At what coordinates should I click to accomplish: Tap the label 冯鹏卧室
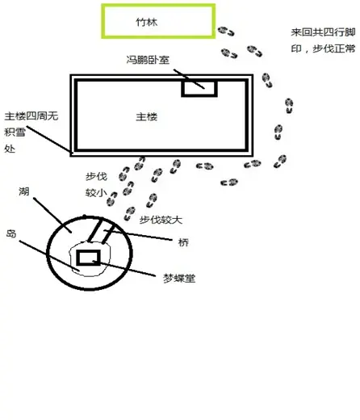(x=148, y=60)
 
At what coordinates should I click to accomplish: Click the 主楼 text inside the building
(x=147, y=117)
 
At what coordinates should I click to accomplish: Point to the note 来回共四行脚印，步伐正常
(x=323, y=40)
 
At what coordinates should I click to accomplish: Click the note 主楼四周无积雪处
(x=31, y=132)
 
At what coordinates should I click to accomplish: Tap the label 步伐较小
(x=96, y=185)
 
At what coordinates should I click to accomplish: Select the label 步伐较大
(x=161, y=220)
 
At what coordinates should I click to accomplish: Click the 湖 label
(x=24, y=191)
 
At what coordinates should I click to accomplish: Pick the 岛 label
(x=11, y=233)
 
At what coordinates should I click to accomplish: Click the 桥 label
(x=183, y=242)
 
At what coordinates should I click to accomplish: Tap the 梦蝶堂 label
(x=179, y=278)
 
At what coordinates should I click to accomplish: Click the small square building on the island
(x=88, y=251)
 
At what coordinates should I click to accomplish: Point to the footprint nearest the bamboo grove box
(x=226, y=31)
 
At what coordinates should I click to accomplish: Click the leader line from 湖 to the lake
(x=52, y=215)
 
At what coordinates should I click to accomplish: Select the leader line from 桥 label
(x=138, y=235)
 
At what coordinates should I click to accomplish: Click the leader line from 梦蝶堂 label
(x=123, y=268)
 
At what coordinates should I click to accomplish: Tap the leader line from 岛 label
(x=49, y=256)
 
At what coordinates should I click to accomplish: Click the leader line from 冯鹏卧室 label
(x=189, y=79)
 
